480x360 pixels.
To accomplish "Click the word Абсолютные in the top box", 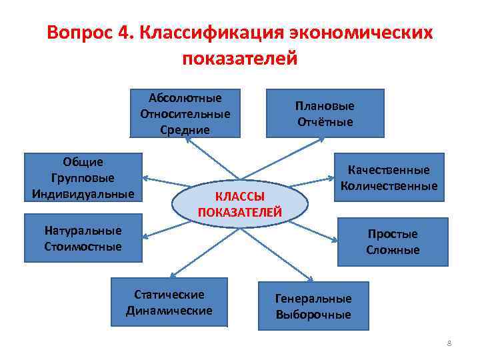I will coord(185,97).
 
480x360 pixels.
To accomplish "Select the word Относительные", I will coord(185,113).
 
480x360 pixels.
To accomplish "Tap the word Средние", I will coord(185,129).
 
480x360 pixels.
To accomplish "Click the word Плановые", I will coord(325,106).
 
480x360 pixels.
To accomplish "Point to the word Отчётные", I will coord(325,122).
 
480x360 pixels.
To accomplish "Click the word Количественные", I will coord(389,186).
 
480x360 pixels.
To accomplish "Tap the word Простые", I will coord(393,234).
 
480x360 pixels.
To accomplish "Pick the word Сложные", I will coord(393,250).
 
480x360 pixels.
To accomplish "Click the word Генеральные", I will coord(313,299).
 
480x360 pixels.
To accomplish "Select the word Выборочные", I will coord(313,315).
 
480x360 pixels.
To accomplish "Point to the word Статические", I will coord(169,294).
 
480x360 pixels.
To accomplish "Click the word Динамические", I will coord(169,310).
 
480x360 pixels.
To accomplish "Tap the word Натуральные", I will coord(83,231).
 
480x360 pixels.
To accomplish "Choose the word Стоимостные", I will coord(83,247).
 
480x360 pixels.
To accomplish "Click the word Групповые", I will coord(83,178).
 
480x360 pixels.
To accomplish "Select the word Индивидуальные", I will coord(83,194).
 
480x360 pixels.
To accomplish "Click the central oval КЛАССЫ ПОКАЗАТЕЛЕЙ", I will coord(240,204).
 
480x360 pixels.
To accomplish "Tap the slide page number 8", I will coord(449,343).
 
